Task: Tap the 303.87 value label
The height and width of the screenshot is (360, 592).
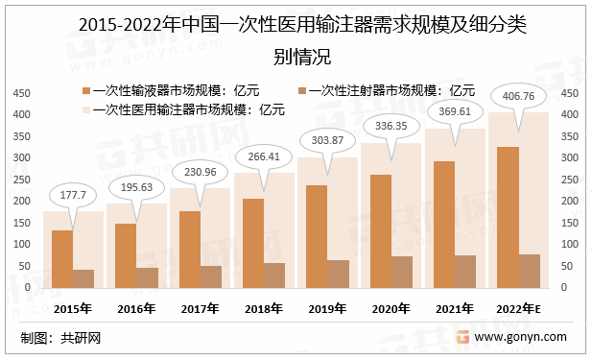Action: pyautogui.click(x=326, y=140)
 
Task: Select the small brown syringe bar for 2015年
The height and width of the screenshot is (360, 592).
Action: pyautogui.click(x=83, y=277)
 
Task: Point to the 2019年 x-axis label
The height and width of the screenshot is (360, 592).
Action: pyautogui.click(x=326, y=307)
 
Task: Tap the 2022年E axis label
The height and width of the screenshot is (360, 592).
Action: pyautogui.click(x=519, y=307)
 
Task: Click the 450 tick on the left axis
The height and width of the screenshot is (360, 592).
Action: pyautogui.click(x=21, y=93)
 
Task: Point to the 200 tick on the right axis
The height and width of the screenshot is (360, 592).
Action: pyautogui.click(x=569, y=201)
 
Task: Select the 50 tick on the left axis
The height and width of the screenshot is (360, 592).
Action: pyautogui.click(x=24, y=266)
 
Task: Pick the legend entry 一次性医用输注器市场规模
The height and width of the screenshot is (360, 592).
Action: pyautogui.click(x=181, y=109)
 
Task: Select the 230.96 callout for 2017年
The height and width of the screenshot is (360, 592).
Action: pyautogui.click(x=200, y=172)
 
